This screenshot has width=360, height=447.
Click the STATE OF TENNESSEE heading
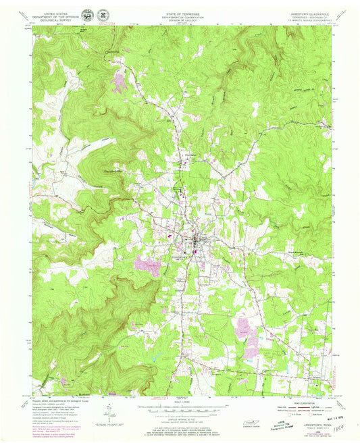point(180,12)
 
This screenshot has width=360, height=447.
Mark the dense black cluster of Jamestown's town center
point(197,240)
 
